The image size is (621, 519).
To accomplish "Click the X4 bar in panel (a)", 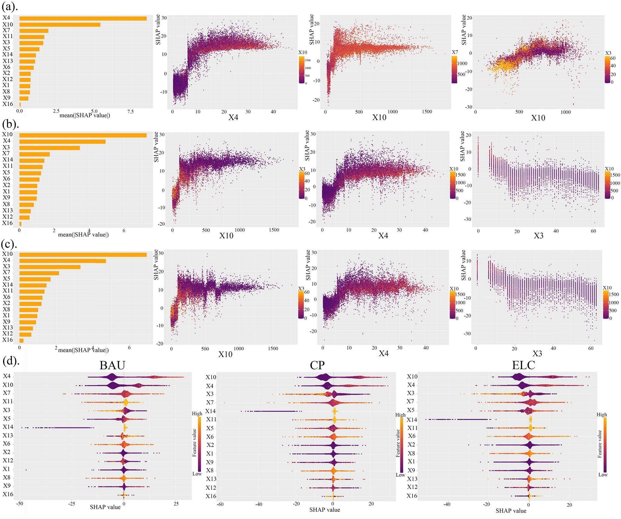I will click(x=83, y=19).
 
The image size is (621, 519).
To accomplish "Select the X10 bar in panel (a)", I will click(x=60, y=25).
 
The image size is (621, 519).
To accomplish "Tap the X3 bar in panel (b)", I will click(x=49, y=148).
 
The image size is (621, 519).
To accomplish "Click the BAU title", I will click(x=112, y=365).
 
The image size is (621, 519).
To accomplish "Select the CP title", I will click(x=317, y=365).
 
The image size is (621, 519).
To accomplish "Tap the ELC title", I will click(x=523, y=365).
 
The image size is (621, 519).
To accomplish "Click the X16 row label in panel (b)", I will click(x=7, y=223).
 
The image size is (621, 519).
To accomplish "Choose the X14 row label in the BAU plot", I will click(x=8, y=427).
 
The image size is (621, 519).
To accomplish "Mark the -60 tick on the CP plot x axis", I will click(x=220, y=504).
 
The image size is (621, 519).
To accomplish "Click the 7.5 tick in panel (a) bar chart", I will click(x=130, y=112).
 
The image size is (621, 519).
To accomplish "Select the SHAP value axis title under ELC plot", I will click(x=511, y=511).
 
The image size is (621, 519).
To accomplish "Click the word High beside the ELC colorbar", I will click(x=601, y=415).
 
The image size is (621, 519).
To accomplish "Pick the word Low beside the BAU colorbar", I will click(x=197, y=474).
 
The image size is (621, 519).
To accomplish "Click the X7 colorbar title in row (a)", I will click(x=455, y=52).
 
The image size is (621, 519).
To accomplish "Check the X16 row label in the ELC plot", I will click(x=412, y=496).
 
